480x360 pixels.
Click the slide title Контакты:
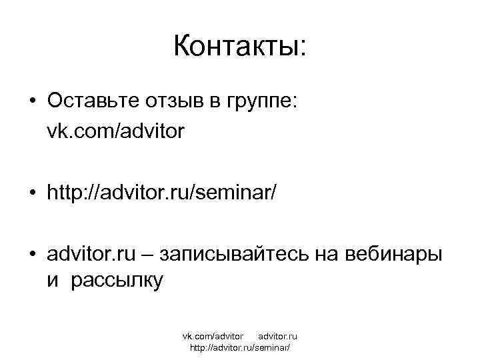(x=240, y=47)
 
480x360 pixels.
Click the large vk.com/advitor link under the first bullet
(x=115, y=132)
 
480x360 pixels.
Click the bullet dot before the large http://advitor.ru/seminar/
(x=33, y=194)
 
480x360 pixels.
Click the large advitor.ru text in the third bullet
(x=91, y=255)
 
